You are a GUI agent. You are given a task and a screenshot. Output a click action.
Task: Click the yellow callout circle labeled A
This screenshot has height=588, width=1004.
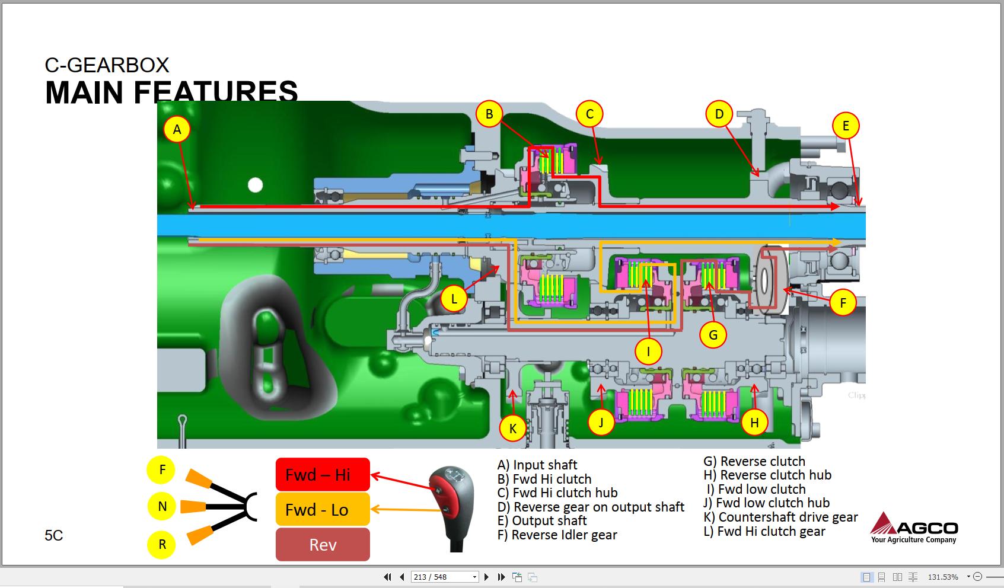coord(177,129)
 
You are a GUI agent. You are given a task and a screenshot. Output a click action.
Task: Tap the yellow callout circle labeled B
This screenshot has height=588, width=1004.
coord(489,114)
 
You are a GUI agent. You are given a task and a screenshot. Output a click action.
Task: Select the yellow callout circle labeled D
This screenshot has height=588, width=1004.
coord(719,114)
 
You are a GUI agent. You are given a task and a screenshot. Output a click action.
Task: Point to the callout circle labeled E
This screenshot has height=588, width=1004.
coord(846,126)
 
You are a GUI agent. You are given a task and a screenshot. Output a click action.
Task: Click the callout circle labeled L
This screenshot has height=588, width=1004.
coord(454,299)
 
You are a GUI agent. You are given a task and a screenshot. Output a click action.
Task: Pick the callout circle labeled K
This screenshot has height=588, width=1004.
coord(513,428)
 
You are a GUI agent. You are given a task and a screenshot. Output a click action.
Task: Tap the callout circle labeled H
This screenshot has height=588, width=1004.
coord(754,423)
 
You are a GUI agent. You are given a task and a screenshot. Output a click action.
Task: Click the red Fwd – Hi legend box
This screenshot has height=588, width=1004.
coord(323,474)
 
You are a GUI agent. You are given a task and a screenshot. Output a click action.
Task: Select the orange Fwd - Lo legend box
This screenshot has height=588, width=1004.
coord(323,509)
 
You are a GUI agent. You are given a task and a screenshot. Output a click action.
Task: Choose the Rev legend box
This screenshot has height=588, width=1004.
coord(323,544)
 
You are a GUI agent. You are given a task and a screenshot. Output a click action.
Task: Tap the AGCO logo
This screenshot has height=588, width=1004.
coord(914,527)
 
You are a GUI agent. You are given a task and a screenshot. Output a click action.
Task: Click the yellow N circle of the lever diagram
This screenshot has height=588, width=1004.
coord(162,506)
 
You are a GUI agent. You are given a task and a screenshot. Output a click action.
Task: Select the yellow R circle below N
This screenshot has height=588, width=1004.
coord(162,544)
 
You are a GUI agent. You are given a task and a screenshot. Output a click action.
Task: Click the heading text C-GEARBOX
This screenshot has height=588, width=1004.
coord(107,65)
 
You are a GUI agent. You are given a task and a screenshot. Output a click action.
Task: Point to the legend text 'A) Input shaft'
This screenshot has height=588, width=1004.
coord(537,465)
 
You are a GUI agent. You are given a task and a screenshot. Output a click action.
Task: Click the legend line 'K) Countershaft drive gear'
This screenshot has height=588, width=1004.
coord(780,517)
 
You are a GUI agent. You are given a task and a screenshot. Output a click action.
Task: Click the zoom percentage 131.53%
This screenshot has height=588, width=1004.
coord(943,577)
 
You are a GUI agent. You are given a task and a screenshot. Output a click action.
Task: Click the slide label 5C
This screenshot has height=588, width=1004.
coord(54,535)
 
